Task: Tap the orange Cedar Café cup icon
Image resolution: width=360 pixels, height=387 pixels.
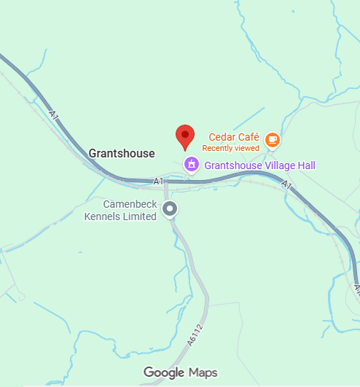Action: [x=272, y=139]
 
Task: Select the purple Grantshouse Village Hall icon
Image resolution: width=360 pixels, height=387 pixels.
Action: [x=192, y=164]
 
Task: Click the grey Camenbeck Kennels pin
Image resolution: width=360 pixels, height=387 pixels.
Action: [x=170, y=210]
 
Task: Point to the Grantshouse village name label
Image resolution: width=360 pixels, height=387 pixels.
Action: [x=122, y=153]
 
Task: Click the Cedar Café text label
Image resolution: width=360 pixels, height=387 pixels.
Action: [x=234, y=137]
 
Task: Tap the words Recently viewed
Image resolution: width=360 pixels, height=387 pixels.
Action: [x=230, y=148]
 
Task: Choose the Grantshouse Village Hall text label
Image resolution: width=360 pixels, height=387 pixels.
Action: [x=259, y=166]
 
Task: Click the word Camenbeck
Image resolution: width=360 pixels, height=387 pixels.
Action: [x=129, y=205]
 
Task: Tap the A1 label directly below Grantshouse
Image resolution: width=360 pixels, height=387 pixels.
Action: [x=158, y=180]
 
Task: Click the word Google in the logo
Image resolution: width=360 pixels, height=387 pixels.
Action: [x=164, y=372]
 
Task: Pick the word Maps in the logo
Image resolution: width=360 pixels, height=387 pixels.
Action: [x=203, y=372]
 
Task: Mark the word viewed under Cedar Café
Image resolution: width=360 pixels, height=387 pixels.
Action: [x=246, y=148]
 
